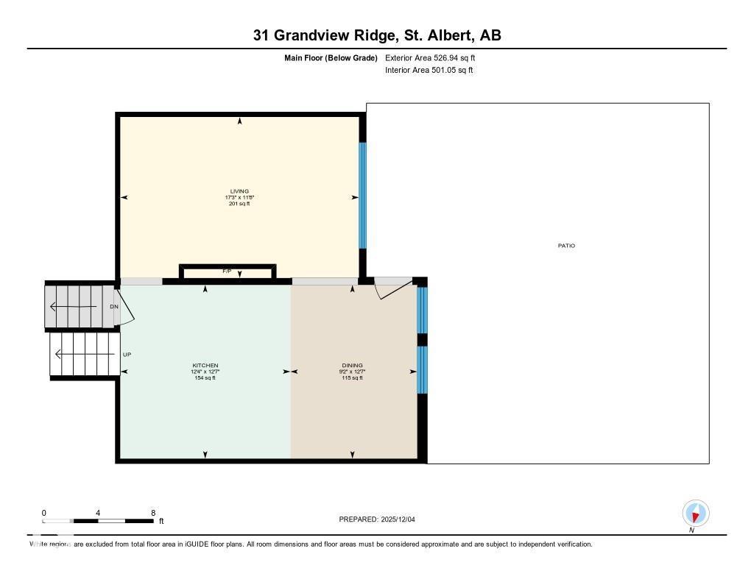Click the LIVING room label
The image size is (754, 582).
pos(239,191)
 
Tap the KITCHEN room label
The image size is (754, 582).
pos(205,366)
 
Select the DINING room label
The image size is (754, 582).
pos(352,366)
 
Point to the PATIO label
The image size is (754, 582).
pos(565,246)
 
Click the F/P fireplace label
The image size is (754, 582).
pos(227,272)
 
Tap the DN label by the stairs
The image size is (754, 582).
pos(114,306)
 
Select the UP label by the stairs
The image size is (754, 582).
pos(127,355)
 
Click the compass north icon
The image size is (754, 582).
pos(695,513)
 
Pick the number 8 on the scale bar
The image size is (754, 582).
pos(152,513)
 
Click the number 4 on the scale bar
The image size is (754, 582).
pos(98,513)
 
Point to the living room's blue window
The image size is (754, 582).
pos(362,195)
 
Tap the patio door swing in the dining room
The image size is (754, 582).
pos(390,290)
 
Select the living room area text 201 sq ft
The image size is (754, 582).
pos(239,204)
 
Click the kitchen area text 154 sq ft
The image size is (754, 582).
pos(205,378)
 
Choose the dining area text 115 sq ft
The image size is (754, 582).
pos(352,378)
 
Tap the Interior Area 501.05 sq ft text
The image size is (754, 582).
pos(429,71)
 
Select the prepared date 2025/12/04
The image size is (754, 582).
pos(403,519)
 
